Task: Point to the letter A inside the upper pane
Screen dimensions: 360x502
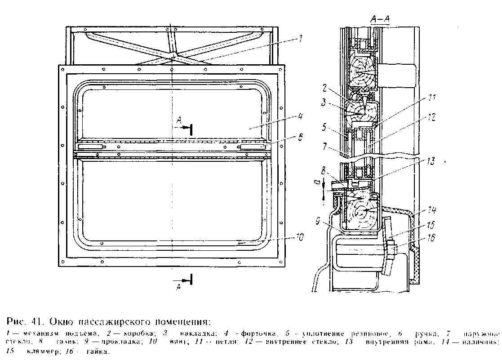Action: pos(179,120)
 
